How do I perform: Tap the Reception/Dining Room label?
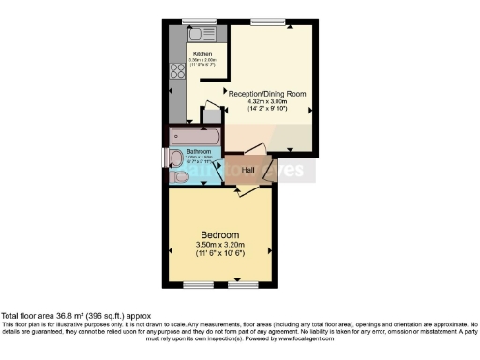click(x=266, y=93)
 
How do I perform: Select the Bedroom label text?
click(x=220, y=234)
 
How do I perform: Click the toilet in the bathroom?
click(x=179, y=175)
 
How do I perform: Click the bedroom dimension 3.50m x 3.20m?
click(x=220, y=245)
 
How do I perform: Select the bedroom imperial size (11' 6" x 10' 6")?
click(x=220, y=254)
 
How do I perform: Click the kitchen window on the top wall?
click(x=198, y=22)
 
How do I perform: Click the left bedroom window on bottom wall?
click(x=198, y=283)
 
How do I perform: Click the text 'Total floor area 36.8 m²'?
click(x=47, y=317)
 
